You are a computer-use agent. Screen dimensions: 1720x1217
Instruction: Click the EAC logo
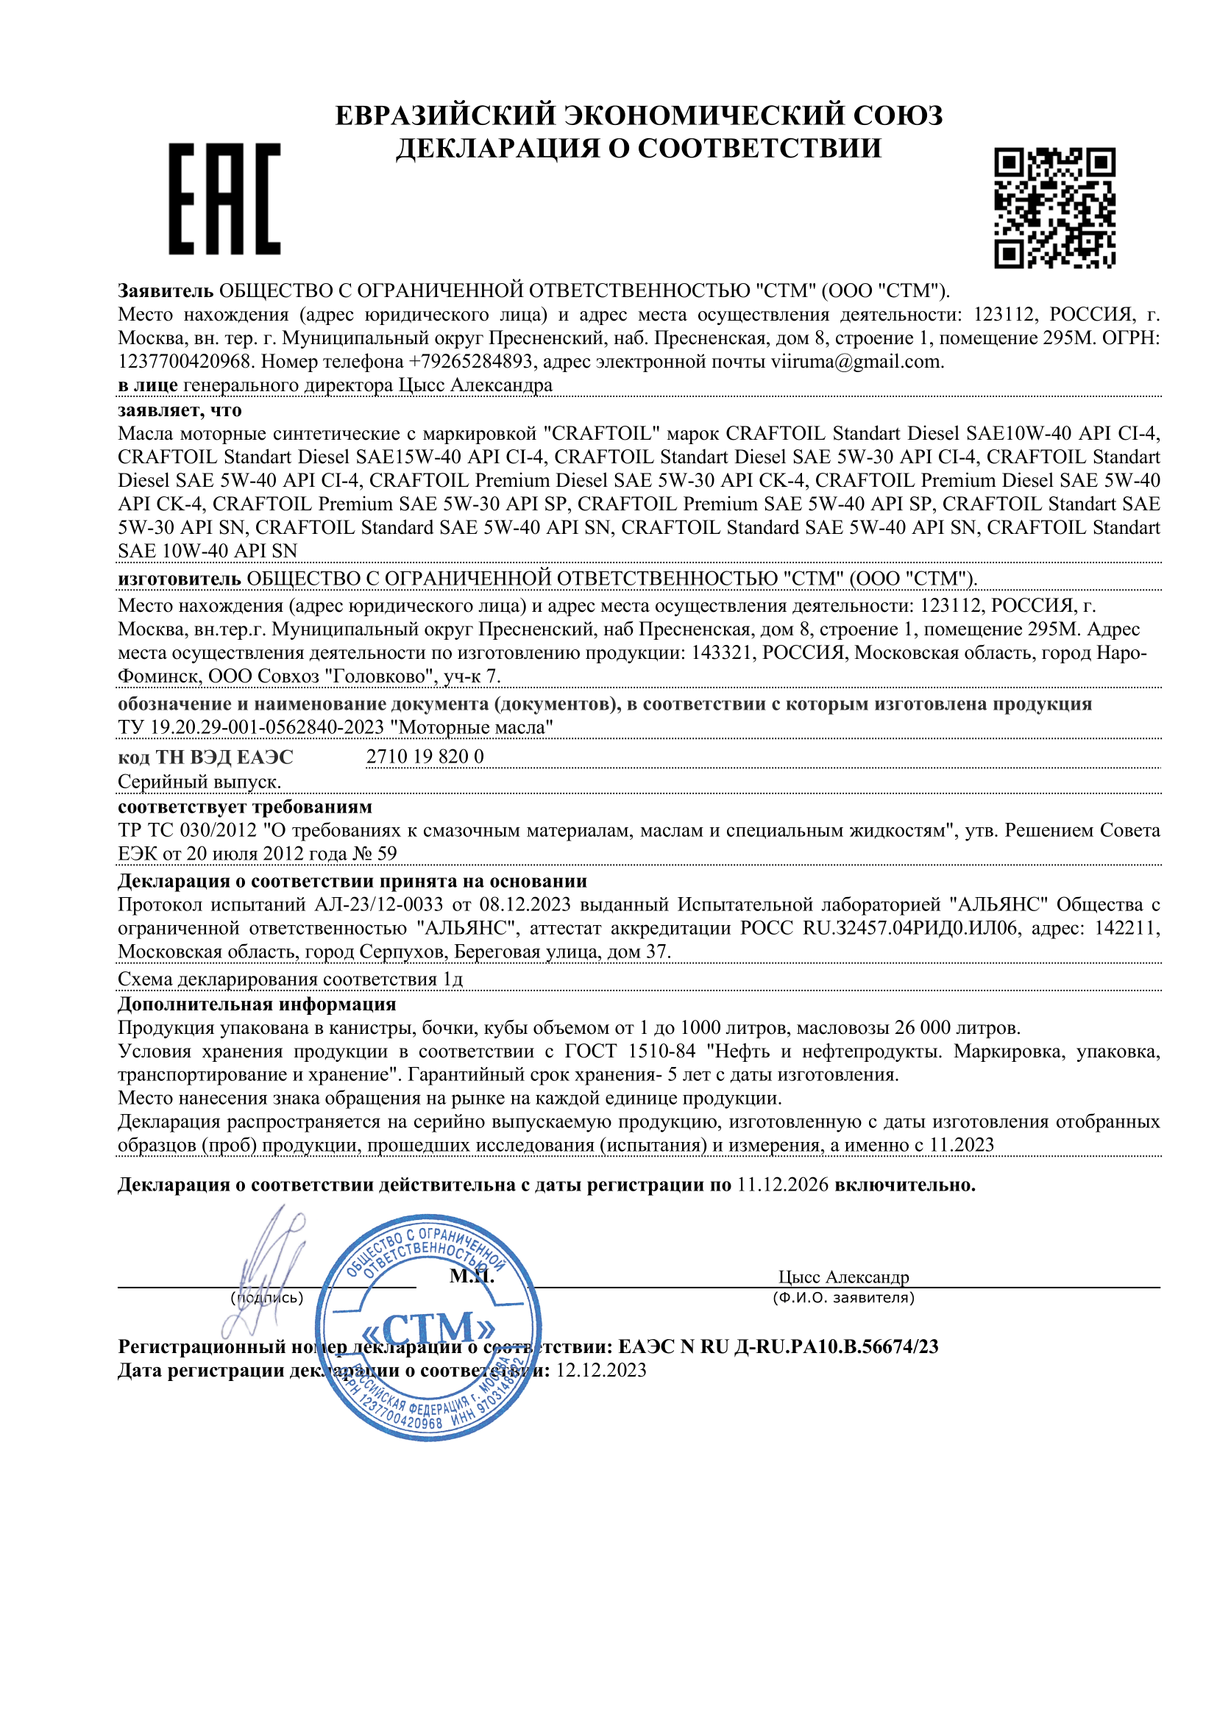click(x=224, y=199)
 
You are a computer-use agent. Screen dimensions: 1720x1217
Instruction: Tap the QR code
click(x=1054, y=207)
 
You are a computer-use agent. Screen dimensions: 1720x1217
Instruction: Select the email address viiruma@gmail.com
click(x=856, y=362)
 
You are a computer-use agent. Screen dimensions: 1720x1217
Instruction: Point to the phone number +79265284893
click(x=470, y=362)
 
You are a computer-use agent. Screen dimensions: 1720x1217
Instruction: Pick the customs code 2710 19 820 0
click(x=424, y=757)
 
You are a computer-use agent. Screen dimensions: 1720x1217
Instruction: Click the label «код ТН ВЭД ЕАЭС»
click(x=205, y=757)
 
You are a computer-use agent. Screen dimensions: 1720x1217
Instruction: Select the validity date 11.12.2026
click(x=782, y=1185)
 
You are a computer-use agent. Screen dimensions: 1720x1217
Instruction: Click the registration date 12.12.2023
click(x=600, y=1370)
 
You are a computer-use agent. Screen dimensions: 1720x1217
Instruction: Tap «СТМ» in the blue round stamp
click(x=429, y=1328)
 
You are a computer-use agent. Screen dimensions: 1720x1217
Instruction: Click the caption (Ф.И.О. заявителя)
click(x=843, y=1297)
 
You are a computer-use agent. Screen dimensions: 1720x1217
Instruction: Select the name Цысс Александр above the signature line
click(x=843, y=1277)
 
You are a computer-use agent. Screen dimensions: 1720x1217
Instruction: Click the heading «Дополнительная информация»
click(x=256, y=1004)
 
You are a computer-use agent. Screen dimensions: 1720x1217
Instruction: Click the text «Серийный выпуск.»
click(x=199, y=782)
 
